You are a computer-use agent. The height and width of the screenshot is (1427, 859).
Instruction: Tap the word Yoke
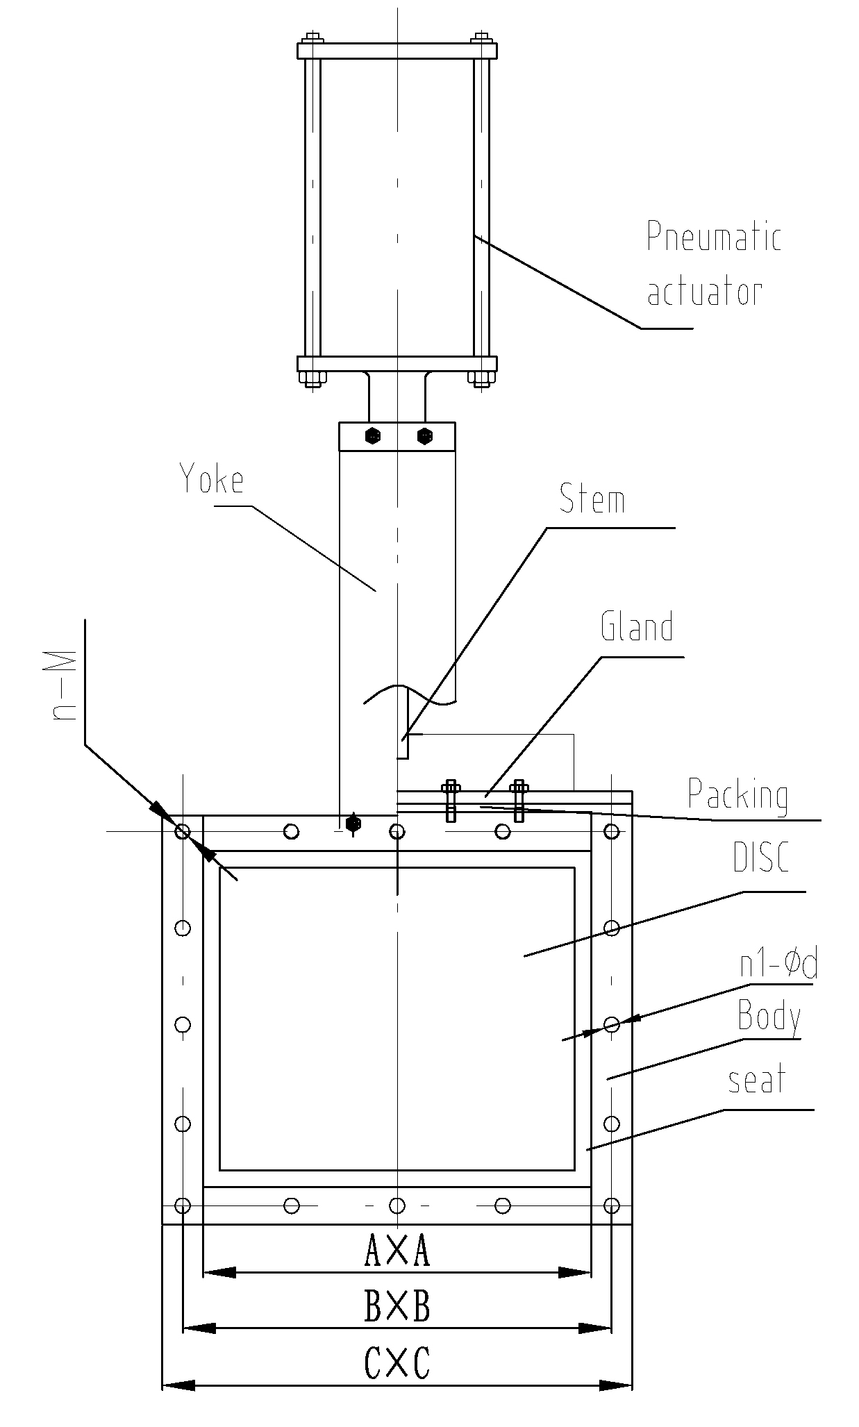[x=212, y=480]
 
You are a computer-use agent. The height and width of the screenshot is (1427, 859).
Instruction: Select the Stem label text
[x=592, y=500]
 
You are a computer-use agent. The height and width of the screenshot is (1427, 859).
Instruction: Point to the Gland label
[x=637, y=626]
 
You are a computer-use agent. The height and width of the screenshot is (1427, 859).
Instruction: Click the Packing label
[x=737, y=795]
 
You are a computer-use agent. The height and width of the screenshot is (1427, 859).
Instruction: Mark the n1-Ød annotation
[x=778, y=966]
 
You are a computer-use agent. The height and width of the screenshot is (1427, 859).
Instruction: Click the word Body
[x=769, y=1017]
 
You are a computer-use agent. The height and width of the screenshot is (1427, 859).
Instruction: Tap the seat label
[x=757, y=1080]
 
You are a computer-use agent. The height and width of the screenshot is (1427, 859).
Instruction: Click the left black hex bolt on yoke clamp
[x=373, y=436]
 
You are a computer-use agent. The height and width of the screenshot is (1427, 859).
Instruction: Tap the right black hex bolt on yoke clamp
[x=424, y=436]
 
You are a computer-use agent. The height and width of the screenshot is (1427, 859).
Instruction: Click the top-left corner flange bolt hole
[x=183, y=831]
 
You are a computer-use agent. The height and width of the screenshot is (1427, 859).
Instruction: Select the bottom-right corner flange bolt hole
[x=612, y=1204]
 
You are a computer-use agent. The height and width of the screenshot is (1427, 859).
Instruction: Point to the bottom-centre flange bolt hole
[x=397, y=1204]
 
